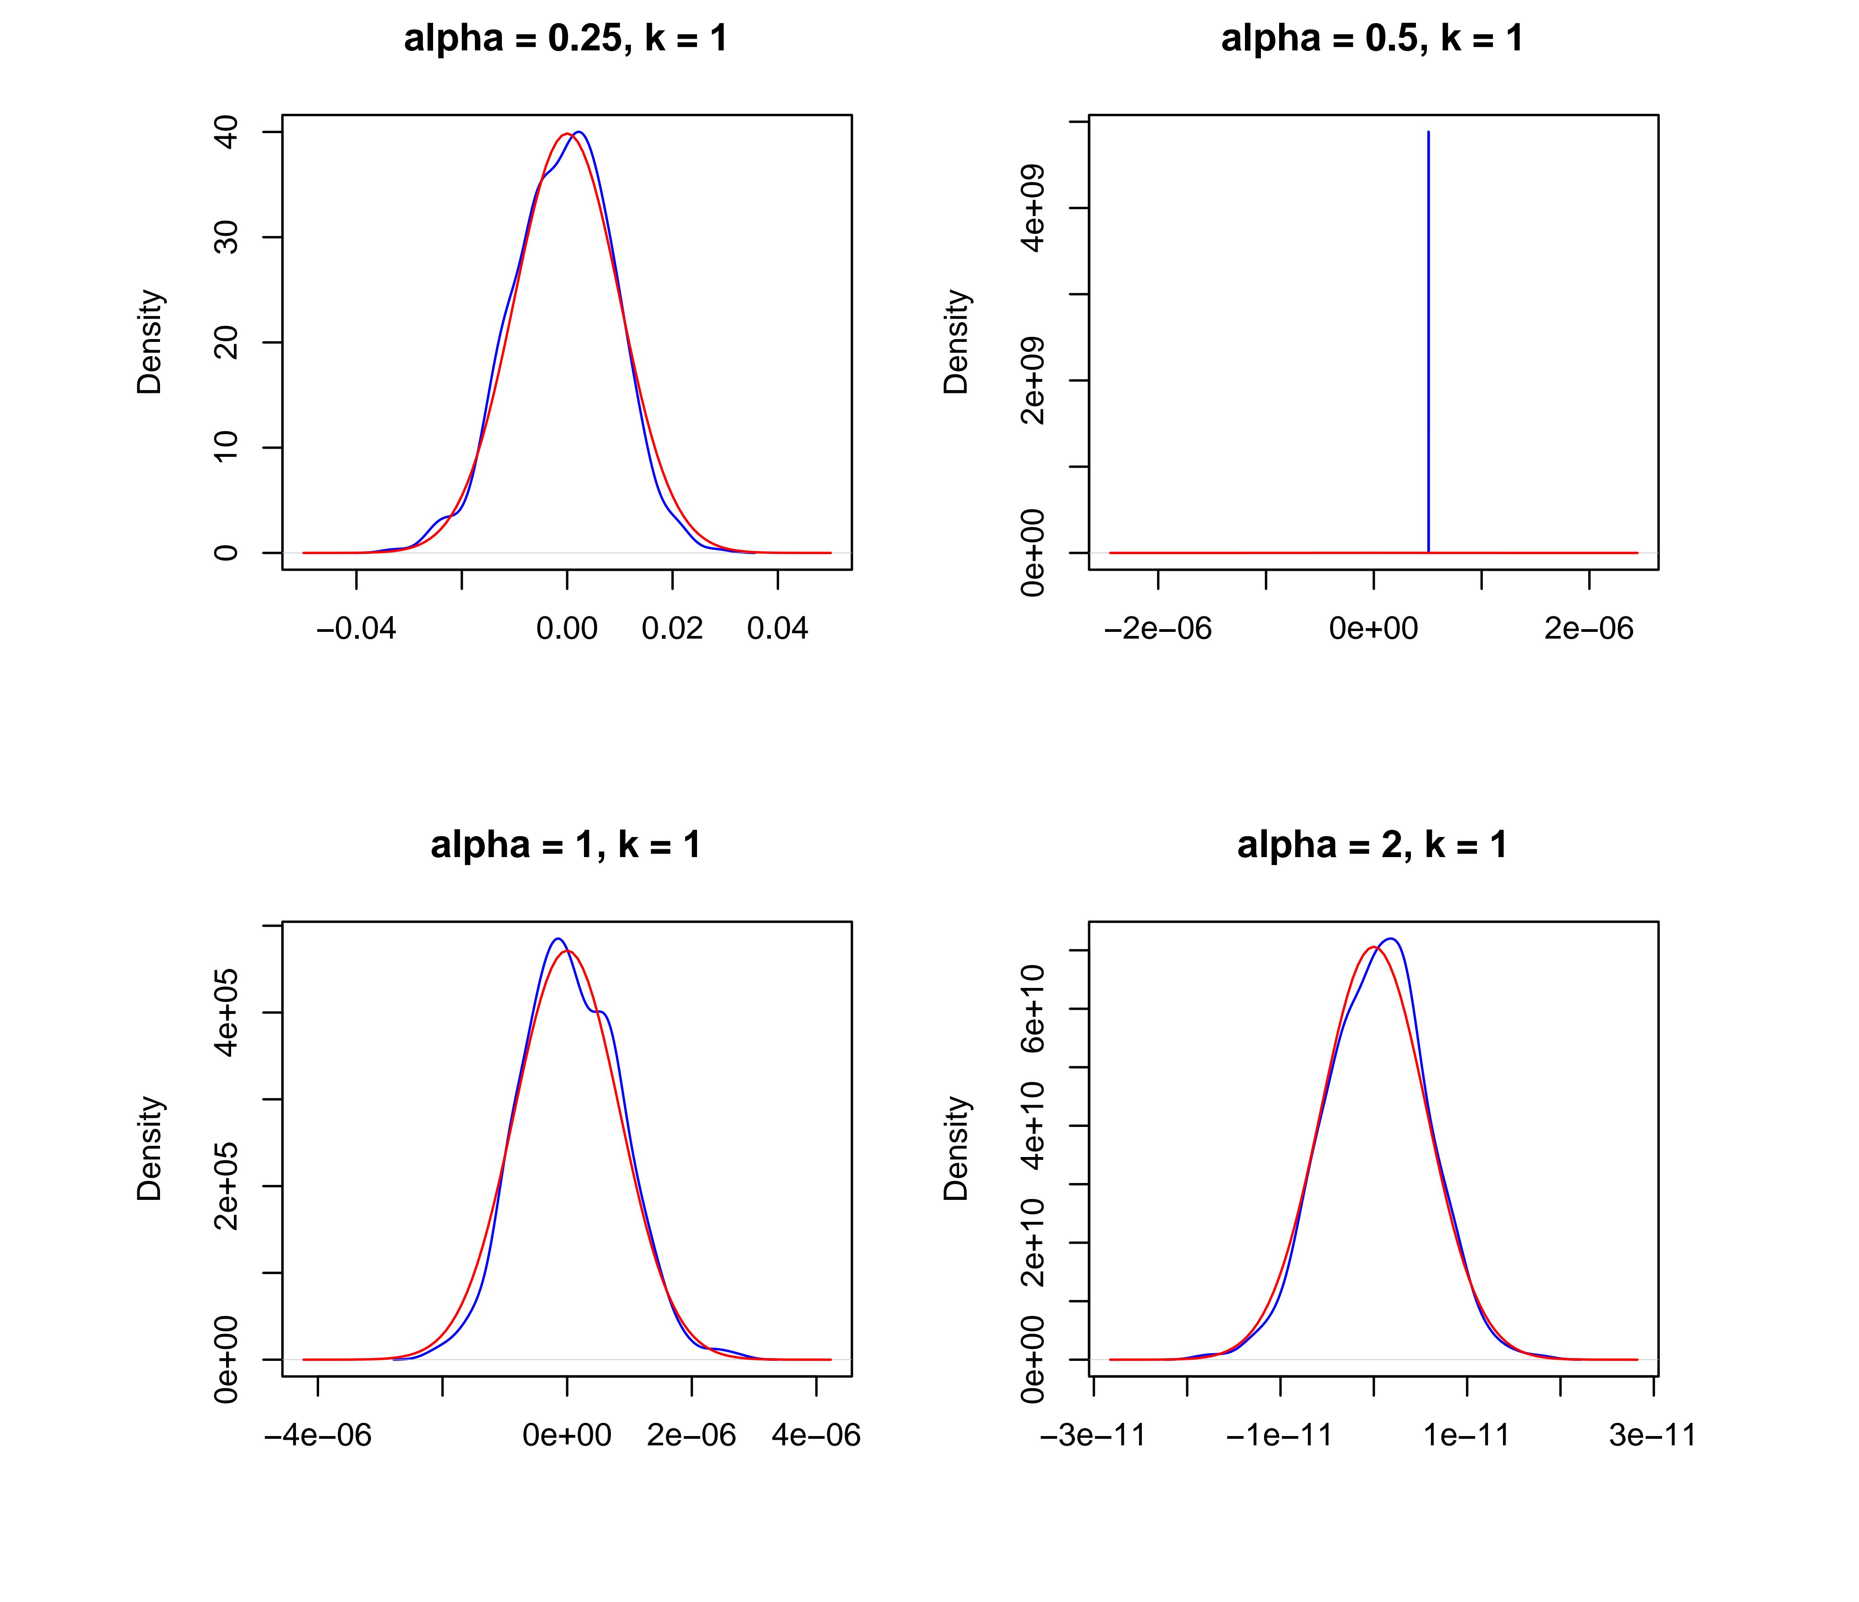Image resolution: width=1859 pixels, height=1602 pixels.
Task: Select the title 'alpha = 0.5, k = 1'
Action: (1372, 39)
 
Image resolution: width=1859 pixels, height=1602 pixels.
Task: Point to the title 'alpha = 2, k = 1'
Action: (1372, 845)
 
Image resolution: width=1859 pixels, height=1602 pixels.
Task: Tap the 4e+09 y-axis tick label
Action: (1033, 208)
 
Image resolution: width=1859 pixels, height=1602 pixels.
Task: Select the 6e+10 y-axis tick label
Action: (1033, 1009)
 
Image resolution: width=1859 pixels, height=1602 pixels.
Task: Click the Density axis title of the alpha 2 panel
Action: (956, 1149)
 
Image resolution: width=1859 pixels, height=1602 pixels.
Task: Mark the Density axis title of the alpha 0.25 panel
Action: (150, 342)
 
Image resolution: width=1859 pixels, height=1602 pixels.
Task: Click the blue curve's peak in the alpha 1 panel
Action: (557, 939)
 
